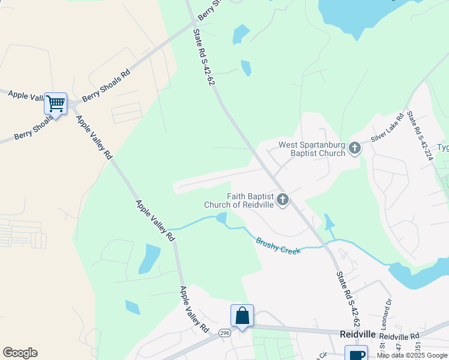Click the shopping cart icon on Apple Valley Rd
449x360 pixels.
(56, 104)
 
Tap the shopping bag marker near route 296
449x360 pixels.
(242, 316)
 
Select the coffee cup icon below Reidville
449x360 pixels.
(356, 355)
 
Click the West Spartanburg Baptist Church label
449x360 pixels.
(312, 149)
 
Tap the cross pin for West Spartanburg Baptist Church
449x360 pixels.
(355, 148)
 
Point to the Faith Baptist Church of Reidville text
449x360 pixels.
(239, 200)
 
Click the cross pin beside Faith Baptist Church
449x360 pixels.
(282, 199)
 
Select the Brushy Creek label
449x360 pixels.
(278, 245)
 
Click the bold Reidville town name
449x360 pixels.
(357, 334)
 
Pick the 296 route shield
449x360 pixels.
(224, 332)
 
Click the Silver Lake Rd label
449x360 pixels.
(388, 127)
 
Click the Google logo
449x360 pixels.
(20, 353)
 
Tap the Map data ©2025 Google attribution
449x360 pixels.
(412, 355)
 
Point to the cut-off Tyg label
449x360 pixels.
(442, 148)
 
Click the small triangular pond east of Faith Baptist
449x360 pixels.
(329, 223)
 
